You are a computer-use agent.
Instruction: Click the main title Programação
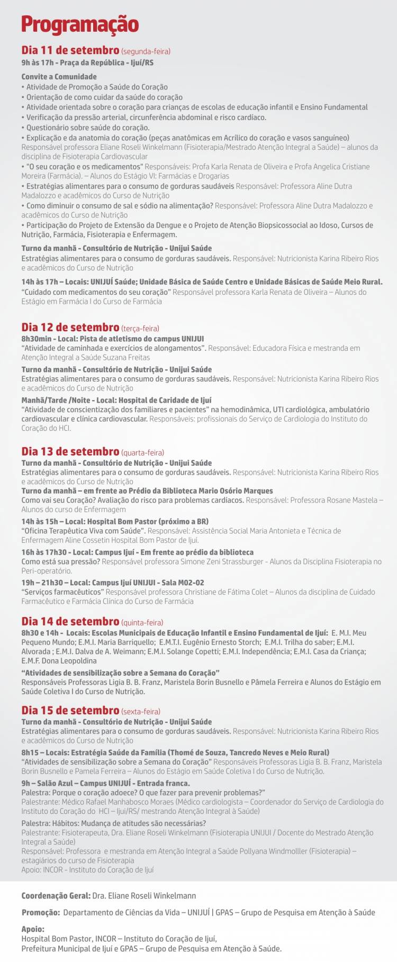[80, 24]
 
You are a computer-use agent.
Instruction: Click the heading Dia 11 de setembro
[70, 50]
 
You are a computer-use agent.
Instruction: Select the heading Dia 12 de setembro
[70, 327]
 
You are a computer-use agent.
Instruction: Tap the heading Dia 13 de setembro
[70, 451]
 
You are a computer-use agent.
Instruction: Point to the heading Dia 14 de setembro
[70, 621]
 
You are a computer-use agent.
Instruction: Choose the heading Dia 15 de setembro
[70, 710]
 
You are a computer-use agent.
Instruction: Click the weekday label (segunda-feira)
[146, 51]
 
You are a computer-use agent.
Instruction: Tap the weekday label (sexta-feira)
[141, 712]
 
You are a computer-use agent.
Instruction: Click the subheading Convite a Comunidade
[59, 77]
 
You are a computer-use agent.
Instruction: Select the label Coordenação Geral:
[56, 896]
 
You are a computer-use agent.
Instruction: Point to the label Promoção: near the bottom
[40, 912]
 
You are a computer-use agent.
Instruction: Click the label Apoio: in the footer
[33, 929]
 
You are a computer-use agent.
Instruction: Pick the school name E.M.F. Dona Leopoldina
[59, 661]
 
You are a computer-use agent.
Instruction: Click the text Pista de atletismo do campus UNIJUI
[141, 339]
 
